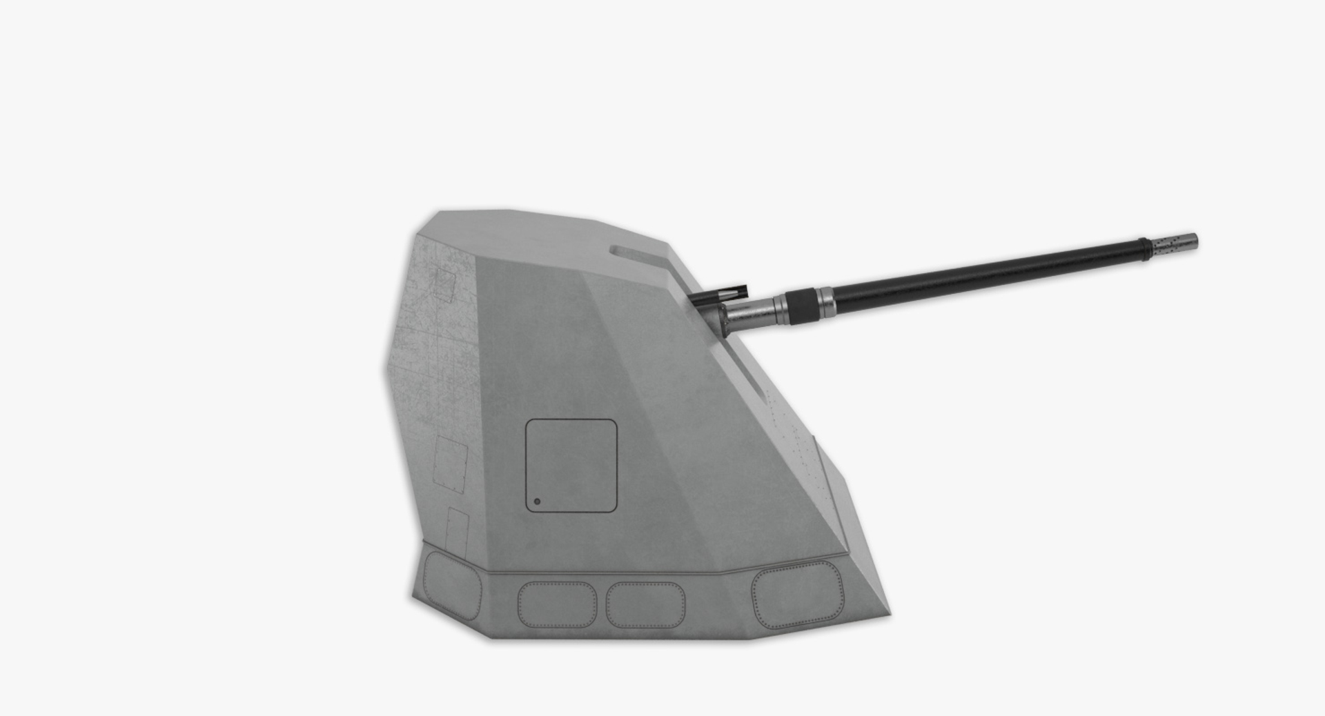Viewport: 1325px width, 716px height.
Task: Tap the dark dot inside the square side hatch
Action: click(538, 501)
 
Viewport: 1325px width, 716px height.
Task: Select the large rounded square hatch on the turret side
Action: click(571, 466)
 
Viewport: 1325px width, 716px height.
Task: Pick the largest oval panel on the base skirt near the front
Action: click(797, 595)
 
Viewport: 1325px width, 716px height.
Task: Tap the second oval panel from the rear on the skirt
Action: click(557, 604)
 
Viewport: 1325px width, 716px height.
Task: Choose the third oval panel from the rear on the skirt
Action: click(646, 605)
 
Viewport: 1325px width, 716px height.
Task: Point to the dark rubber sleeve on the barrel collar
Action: click(801, 305)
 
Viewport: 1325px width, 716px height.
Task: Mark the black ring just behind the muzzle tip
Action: click(1144, 248)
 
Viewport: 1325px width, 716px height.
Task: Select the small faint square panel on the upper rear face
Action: click(443, 283)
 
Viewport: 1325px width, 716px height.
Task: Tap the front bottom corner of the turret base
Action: click(889, 616)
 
